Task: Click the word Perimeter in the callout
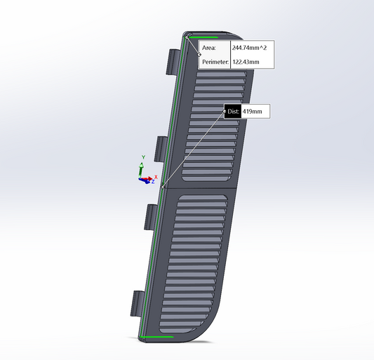click(x=215, y=62)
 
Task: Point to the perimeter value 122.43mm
click(x=246, y=62)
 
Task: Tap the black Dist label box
click(x=233, y=111)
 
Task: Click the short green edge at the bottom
click(x=156, y=338)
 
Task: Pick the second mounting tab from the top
click(x=159, y=148)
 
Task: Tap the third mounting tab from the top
click(x=149, y=216)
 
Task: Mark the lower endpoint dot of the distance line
click(x=163, y=187)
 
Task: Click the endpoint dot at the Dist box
click(x=224, y=111)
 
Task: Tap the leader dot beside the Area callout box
click(x=199, y=55)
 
